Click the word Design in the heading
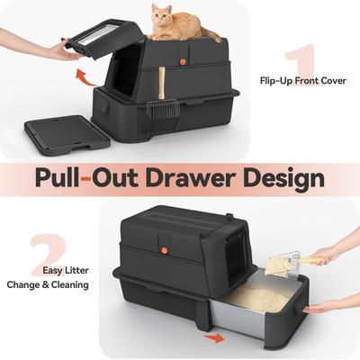click(282, 177)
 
